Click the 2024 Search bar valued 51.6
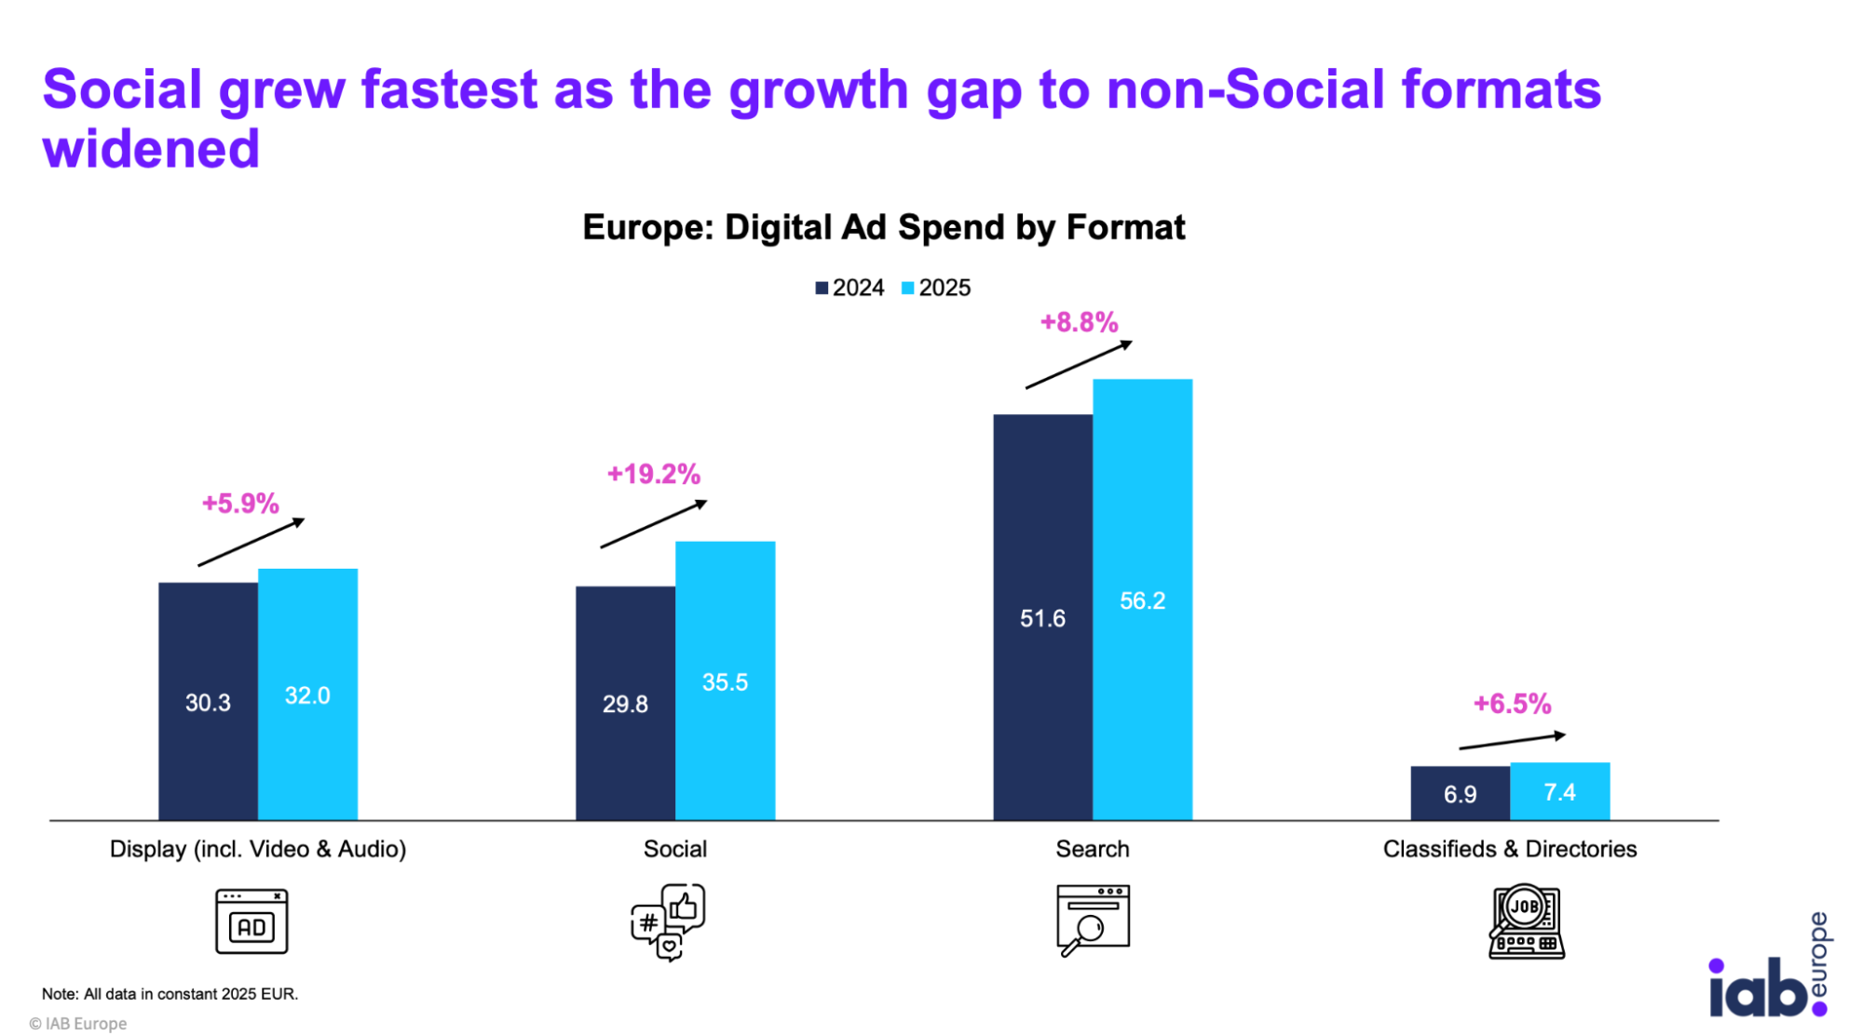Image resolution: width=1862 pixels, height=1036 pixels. click(1042, 617)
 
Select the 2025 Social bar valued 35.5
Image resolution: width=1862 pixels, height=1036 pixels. click(725, 680)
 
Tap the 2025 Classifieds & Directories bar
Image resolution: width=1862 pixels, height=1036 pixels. click(1559, 791)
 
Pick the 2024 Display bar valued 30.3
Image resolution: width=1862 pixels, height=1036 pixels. click(208, 701)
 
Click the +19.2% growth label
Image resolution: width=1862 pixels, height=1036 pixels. click(653, 474)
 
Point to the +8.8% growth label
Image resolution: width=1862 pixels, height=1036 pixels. click(1079, 322)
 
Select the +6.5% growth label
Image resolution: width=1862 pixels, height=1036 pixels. click(1512, 704)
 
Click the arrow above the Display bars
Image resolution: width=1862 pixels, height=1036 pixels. click(251, 542)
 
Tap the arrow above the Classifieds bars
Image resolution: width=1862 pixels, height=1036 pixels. click(1513, 741)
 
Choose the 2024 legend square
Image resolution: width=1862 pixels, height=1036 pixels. click(822, 289)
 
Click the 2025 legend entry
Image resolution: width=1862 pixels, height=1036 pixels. click(935, 288)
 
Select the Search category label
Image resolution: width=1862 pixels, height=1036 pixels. click(1092, 849)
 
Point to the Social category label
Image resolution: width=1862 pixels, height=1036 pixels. click(674, 849)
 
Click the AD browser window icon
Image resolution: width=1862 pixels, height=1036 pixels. click(251, 922)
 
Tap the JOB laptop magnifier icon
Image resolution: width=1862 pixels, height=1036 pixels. click(1526, 922)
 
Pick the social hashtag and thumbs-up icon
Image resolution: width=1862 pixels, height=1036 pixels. click(668, 922)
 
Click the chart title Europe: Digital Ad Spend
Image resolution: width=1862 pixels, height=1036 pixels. click(883, 227)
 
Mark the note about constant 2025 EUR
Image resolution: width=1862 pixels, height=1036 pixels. click(170, 994)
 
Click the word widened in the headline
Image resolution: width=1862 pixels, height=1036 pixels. click(151, 149)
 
